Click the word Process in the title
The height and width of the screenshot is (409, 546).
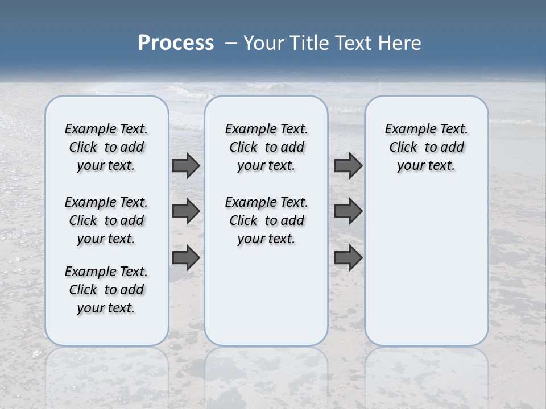point(176,43)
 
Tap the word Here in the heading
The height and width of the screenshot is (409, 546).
point(400,43)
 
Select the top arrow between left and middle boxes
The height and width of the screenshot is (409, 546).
point(185,165)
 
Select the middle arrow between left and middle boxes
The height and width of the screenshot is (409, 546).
point(185,211)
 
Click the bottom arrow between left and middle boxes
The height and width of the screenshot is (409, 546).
point(185,258)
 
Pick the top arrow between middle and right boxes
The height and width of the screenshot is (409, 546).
point(348,165)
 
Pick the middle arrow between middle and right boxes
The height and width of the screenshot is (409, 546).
point(348,211)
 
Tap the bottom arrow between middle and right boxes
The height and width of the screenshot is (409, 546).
point(348,258)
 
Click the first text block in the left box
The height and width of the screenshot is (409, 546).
point(106,147)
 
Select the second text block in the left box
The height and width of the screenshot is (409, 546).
point(106,220)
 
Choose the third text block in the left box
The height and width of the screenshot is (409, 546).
point(106,290)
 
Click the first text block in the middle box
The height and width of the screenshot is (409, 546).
point(266,147)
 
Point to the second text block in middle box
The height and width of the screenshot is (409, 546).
point(266,220)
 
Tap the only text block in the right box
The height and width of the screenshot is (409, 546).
point(426,147)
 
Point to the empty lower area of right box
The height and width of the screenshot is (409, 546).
point(426,267)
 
